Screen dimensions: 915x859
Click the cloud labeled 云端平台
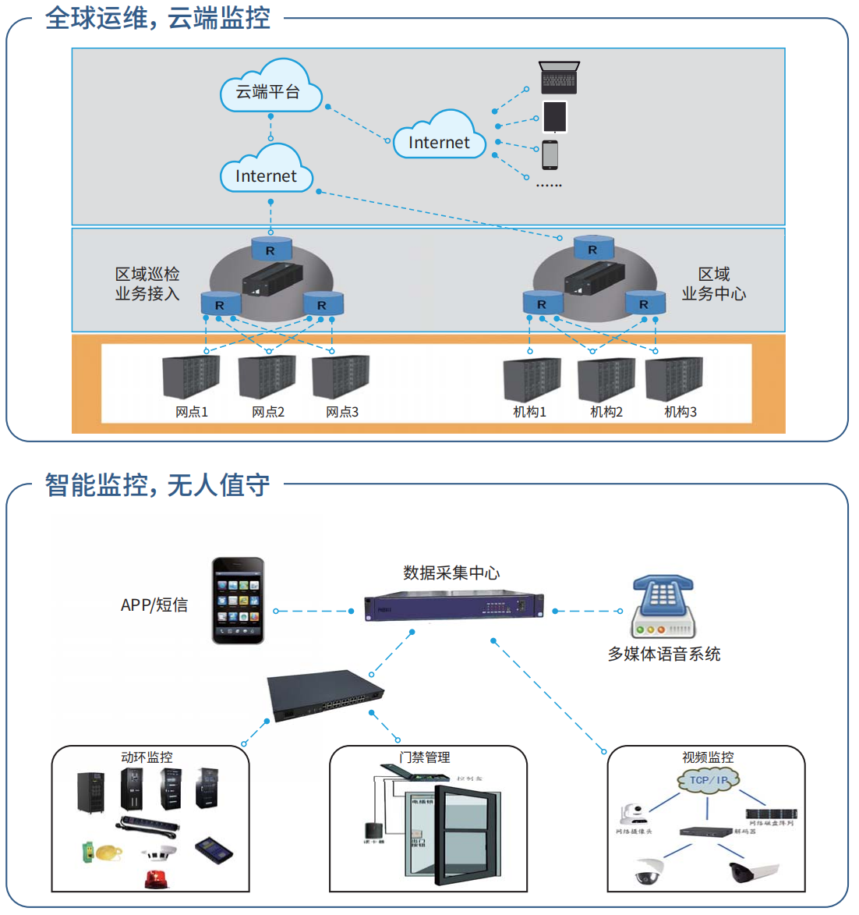point(269,90)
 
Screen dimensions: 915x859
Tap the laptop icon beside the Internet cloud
point(559,78)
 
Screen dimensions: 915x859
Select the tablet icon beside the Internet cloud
point(554,117)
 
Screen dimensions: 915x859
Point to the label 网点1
point(192,412)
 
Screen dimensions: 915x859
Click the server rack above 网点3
point(341,377)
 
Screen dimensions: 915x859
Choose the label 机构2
point(606,412)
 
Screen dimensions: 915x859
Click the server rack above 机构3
point(674,379)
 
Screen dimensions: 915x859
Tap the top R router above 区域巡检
point(270,249)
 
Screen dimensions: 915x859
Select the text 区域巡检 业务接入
point(147,283)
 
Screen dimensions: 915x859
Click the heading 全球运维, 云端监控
point(157,17)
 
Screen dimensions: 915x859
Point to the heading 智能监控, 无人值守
point(157,484)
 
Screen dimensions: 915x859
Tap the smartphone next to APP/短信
point(239,601)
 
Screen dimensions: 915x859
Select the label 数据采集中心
point(451,573)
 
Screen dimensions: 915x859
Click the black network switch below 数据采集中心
point(326,696)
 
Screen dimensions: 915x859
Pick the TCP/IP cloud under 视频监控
point(708,780)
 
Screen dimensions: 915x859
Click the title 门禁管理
point(425,757)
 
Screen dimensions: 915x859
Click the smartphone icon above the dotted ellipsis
point(550,154)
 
